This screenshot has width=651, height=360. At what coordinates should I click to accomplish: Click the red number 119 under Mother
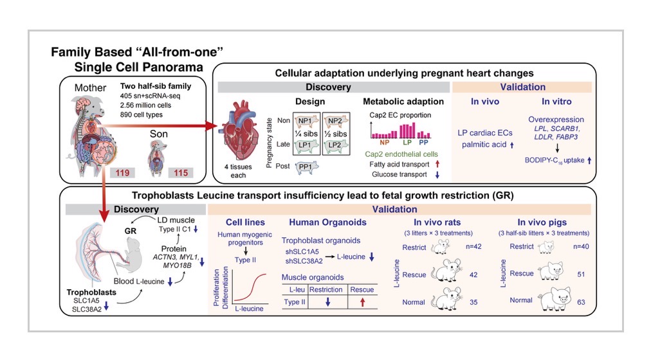[122, 172]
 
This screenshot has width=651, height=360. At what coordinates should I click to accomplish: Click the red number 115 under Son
[181, 172]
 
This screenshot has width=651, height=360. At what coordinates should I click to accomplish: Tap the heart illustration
[239, 130]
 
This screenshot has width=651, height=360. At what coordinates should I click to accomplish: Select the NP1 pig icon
[306, 121]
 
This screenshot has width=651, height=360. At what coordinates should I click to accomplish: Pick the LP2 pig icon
[336, 145]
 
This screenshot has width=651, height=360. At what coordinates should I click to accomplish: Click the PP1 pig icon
[307, 166]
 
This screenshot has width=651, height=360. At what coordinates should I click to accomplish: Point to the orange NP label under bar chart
[385, 142]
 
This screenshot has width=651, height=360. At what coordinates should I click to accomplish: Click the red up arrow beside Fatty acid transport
[437, 164]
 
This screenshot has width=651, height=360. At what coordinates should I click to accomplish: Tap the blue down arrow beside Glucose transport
[437, 175]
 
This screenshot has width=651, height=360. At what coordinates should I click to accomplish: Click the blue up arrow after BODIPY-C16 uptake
[589, 160]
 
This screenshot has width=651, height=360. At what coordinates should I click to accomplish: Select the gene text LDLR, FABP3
[556, 137]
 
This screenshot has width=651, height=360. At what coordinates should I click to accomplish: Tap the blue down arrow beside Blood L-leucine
[170, 282]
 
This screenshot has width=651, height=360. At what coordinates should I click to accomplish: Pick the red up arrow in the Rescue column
[362, 302]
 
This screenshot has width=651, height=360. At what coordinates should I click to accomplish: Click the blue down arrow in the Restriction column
[327, 302]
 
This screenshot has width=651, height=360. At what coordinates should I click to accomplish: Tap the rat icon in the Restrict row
[441, 247]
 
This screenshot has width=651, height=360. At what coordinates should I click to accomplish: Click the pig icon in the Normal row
[555, 299]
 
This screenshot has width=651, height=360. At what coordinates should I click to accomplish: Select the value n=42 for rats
[473, 246]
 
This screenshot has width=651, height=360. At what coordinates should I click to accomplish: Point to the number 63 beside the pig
[581, 302]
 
